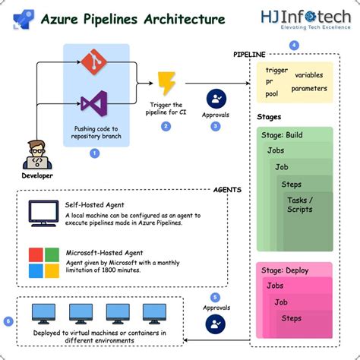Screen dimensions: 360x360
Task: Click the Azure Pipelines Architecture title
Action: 132,18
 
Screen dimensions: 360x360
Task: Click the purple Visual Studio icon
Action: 95,103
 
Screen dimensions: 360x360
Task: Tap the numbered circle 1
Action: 95,153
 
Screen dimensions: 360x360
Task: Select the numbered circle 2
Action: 166,126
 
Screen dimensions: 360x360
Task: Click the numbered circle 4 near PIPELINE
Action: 295,46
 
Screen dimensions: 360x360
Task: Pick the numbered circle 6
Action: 8,321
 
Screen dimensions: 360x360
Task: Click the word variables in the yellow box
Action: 308,75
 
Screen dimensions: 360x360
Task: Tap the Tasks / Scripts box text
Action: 299,204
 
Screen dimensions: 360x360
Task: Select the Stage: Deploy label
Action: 286,270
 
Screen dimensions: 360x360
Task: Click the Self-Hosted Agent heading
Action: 95,205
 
